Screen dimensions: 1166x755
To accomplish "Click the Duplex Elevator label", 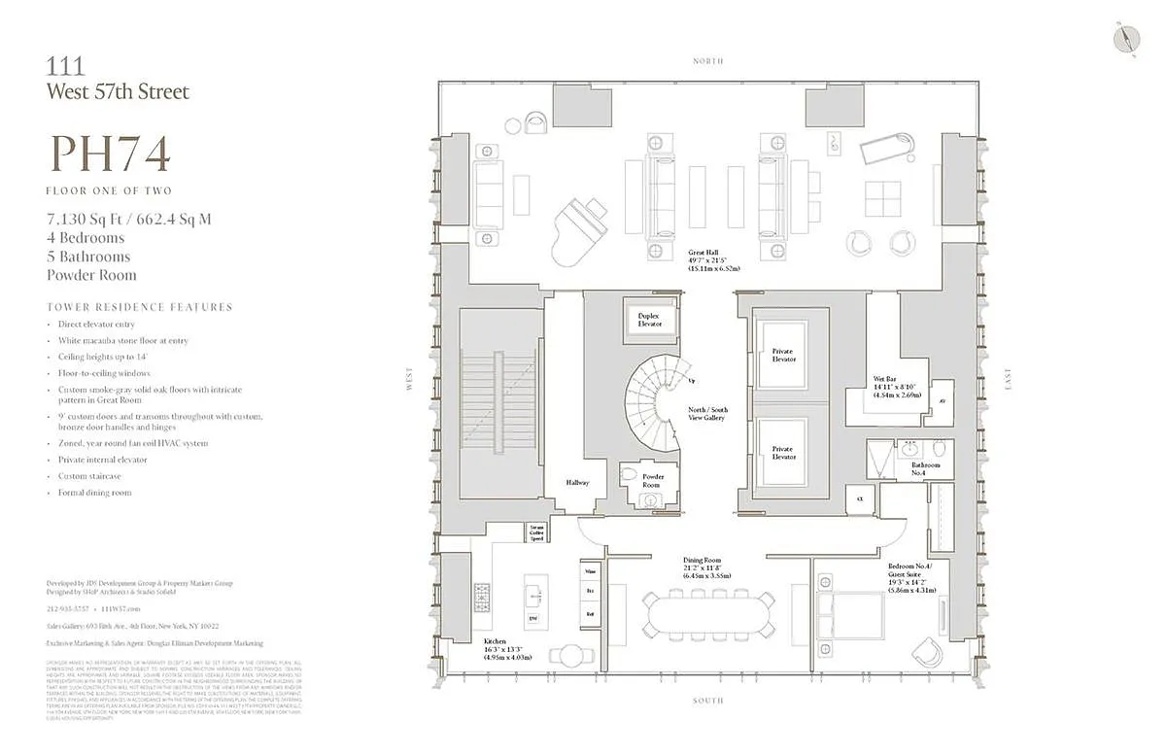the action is tap(649, 321).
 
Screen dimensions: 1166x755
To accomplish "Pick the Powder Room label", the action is tap(653, 480).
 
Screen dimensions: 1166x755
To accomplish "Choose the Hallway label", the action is tap(578, 482).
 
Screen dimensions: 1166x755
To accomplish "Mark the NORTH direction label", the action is tap(707, 61).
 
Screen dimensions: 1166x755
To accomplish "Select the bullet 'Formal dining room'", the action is tap(94, 493).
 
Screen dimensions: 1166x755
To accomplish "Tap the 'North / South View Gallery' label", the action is tap(707, 415).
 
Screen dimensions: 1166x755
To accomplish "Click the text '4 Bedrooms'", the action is tap(86, 238).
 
